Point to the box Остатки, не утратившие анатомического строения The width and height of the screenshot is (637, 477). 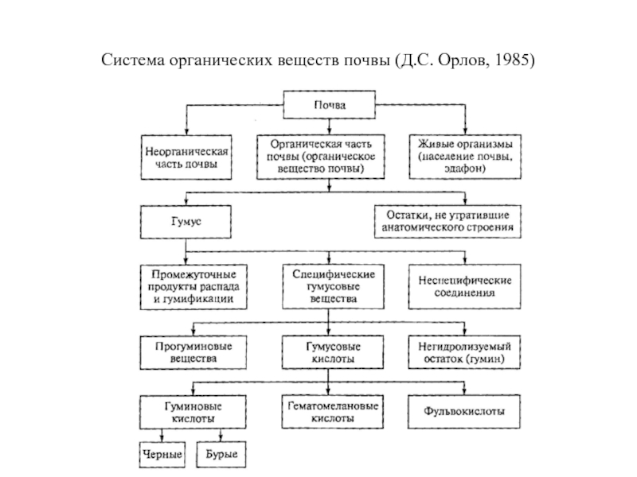pyautogui.click(x=447, y=221)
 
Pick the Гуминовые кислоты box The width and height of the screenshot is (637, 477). pyautogui.click(x=188, y=411)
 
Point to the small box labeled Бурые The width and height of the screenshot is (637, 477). pyautogui.click(x=222, y=455)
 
